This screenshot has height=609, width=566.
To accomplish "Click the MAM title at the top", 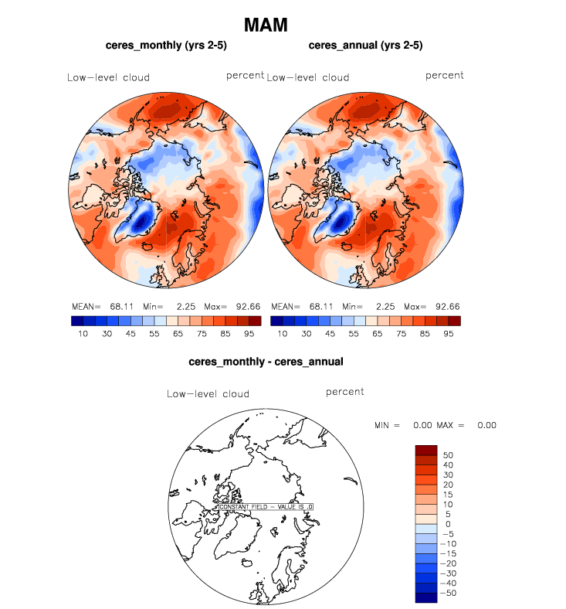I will tap(266, 25).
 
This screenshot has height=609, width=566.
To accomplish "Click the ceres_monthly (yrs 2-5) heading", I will tap(166, 46).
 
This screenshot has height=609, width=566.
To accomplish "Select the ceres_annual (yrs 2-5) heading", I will tap(365, 46).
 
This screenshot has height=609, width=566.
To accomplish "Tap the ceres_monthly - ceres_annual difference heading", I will tap(266, 361).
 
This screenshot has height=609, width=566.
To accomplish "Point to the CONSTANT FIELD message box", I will tap(266, 506).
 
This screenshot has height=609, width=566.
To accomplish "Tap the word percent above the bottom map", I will tap(344, 392).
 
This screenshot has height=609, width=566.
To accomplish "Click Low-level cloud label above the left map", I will tap(108, 77).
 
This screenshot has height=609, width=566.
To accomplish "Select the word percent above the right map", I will tap(445, 75).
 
